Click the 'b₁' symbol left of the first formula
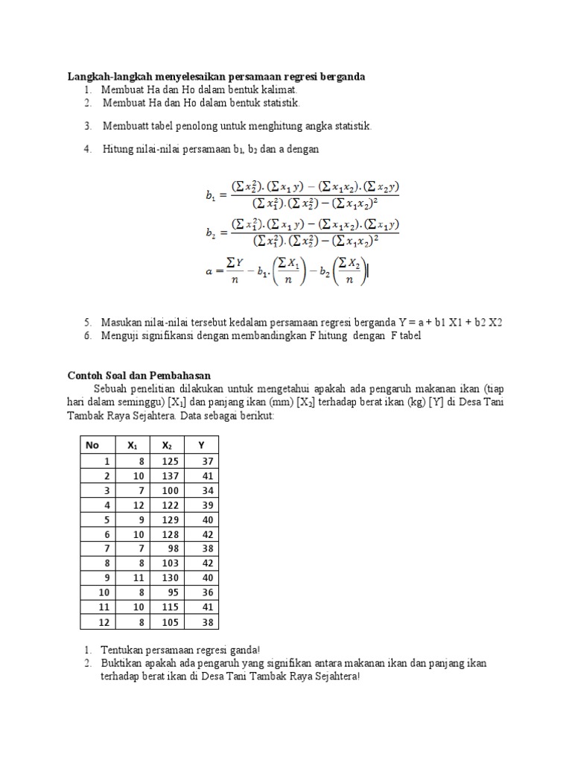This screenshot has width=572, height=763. [x=210, y=196]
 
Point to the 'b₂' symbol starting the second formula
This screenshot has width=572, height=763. [x=210, y=232]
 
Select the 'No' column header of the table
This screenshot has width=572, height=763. [x=92, y=445]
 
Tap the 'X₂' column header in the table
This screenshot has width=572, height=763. [x=166, y=445]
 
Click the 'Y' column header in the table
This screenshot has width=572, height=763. [x=201, y=445]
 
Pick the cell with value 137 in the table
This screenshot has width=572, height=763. [x=171, y=475]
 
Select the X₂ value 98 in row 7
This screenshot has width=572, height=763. [x=174, y=548]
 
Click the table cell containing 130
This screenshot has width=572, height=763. [x=171, y=577]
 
